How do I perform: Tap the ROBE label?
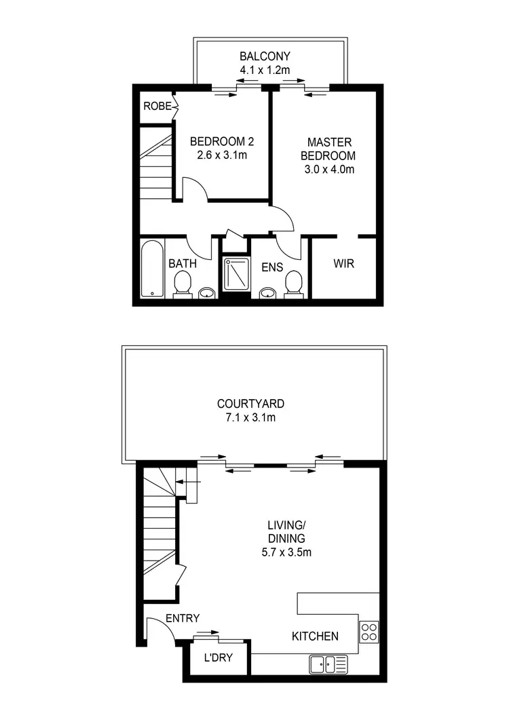[x=157, y=106]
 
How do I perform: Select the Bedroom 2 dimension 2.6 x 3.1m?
[x=221, y=155]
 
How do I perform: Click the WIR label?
[x=344, y=263]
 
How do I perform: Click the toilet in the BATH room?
[x=182, y=284]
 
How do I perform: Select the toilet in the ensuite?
[x=293, y=284]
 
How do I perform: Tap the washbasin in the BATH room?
[x=206, y=293]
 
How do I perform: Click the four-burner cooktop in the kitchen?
[x=370, y=632]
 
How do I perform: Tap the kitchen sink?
[x=328, y=664]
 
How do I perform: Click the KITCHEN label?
[x=315, y=637]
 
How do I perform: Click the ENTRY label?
[x=183, y=618]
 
